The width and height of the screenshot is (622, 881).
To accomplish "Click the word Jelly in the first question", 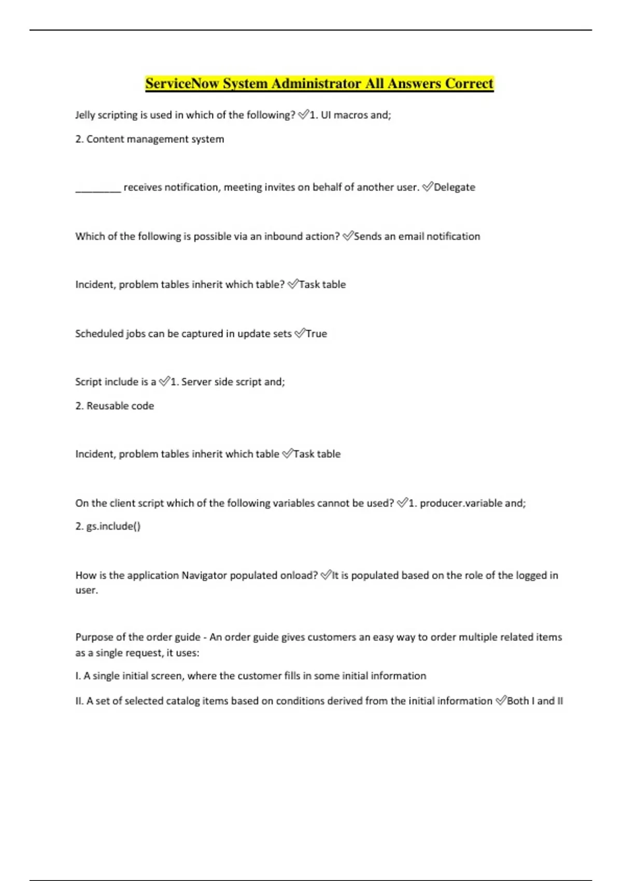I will pos(85,115).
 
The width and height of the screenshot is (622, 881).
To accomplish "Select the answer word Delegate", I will pos(454,187).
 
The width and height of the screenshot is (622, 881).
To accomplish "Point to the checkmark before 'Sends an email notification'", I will pos(348,236).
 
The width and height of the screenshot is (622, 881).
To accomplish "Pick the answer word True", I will pos(316,334).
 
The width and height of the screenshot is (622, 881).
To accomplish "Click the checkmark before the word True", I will pos(300,334).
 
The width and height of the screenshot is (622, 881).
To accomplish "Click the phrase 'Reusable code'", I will pos(120,406).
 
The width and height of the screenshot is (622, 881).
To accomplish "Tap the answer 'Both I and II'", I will pos(534,701).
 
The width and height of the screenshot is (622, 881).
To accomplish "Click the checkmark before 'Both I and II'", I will pos(501,701).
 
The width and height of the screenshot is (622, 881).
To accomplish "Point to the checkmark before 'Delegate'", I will pos(428,187).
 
